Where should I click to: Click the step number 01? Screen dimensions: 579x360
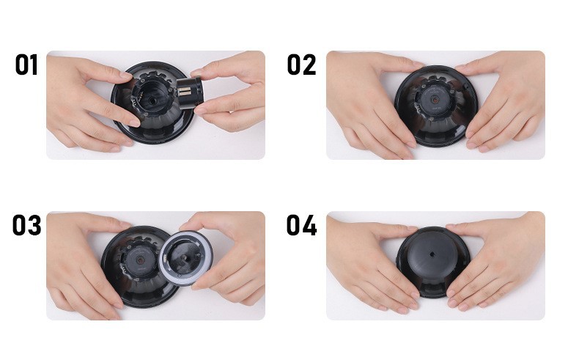coord(26,65)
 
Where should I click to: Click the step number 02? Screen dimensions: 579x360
coord(301,65)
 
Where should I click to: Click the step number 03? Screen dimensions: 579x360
coord(26,225)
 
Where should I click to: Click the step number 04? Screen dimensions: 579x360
coord(301,225)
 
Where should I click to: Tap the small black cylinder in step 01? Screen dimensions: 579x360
coord(190,92)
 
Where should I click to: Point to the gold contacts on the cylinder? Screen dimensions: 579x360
coord(184,91)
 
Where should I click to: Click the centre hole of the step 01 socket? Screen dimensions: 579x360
coord(152,100)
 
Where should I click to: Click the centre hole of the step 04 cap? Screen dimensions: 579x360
coord(432,254)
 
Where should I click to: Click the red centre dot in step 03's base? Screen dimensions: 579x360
coord(140,260)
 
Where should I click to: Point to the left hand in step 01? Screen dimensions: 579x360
coord(89,103)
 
